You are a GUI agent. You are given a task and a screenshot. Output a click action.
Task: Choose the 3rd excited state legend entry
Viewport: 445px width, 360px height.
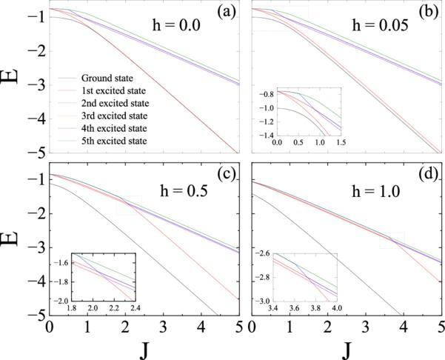(116, 115)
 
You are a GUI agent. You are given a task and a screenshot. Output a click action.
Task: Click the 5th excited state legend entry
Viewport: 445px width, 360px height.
(115, 140)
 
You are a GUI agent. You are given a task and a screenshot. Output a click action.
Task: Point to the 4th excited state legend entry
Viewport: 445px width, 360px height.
(115, 127)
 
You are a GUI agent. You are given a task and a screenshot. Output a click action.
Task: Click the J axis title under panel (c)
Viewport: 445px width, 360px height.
(144, 347)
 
